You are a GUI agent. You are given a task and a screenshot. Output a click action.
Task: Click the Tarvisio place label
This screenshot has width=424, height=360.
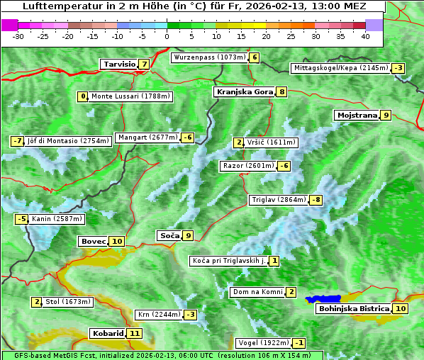(118, 64)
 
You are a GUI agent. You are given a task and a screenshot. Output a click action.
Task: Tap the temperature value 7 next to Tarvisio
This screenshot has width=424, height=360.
(145, 64)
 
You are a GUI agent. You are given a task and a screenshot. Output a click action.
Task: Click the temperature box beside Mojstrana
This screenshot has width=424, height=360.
(386, 115)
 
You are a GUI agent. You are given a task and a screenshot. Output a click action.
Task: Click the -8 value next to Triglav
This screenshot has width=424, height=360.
(316, 200)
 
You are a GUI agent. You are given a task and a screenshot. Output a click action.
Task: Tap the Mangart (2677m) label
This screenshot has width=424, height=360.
(147, 137)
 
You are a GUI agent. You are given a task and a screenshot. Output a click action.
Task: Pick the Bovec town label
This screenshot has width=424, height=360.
(93, 242)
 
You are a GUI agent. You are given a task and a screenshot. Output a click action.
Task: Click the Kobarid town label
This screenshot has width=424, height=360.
(107, 333)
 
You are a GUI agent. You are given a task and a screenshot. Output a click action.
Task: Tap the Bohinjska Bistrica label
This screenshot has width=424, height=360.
(353, 309)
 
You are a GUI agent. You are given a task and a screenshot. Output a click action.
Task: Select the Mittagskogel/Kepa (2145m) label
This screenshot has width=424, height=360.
(341, 68)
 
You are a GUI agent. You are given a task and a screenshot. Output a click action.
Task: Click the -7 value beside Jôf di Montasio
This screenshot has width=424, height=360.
(18, 141)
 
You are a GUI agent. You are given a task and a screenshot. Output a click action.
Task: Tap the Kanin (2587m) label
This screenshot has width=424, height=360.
(57, 219)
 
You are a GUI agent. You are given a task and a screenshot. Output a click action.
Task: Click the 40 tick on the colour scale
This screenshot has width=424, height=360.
(365, 35)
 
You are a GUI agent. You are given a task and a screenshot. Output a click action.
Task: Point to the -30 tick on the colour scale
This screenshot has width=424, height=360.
(18, 35)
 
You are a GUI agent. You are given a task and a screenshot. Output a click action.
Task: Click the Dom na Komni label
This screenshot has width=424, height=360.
(258, 292)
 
